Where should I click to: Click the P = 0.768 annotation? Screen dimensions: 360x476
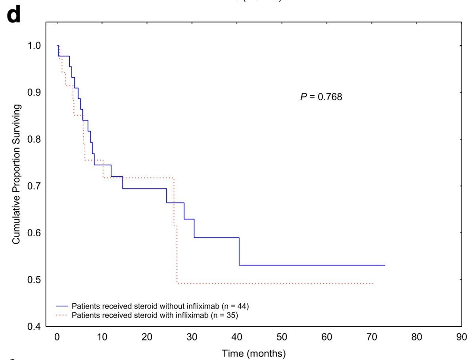tap(321, 97)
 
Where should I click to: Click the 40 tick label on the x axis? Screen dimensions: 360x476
tap(237, 337)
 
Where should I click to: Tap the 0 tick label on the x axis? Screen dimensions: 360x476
tap(57, 337)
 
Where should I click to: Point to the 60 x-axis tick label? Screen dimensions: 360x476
tap(327, 337)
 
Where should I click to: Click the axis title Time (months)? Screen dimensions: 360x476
tap(253, 353)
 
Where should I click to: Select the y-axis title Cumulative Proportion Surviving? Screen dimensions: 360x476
tap(16, 174)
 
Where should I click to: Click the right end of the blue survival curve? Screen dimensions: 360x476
tap(385, 265)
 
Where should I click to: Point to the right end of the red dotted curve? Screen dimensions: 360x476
tap(373, 283)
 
